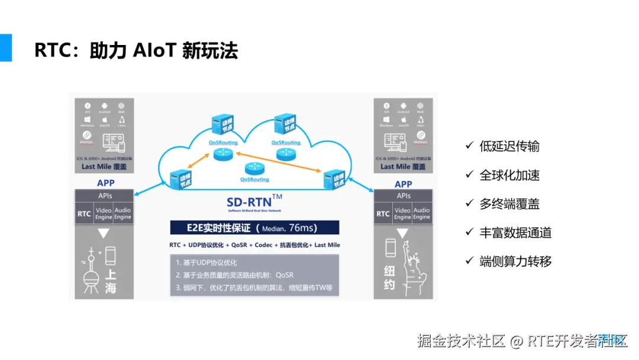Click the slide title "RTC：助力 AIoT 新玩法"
pos(136,51)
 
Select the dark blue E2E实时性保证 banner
pos(254,228)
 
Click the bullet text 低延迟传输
pos(509,146)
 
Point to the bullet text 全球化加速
pos(509,175)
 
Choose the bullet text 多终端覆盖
pos(509,204)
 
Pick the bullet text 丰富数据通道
pos(515,233)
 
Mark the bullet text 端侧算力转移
pos(515,261)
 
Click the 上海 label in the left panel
pos(111,281)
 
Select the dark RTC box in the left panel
pos(84,214)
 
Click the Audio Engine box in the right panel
pos(421,214)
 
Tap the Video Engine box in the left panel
pos(104,214)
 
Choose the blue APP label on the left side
pos(105,184)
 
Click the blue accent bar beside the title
pos(6,47)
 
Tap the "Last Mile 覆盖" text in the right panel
pos(404,166)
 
